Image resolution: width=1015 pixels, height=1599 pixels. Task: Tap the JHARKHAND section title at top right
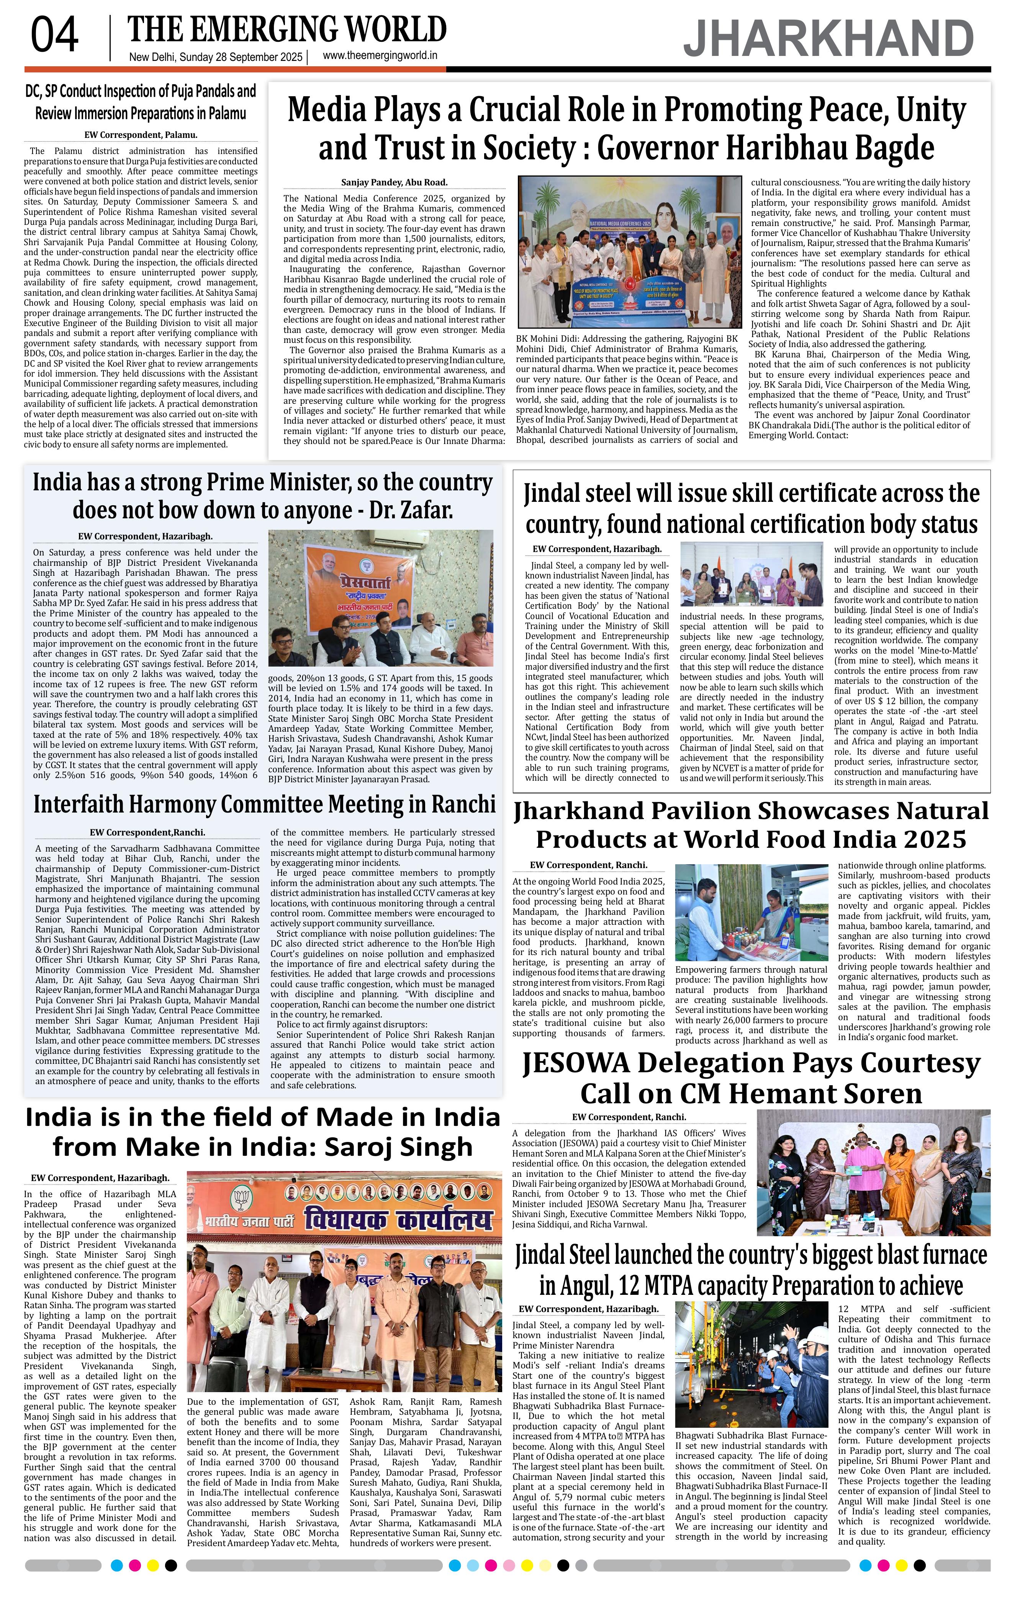[828, 39]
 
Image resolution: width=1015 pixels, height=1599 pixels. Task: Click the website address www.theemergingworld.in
[380, 56]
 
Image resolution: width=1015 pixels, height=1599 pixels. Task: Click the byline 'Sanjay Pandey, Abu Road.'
[394, 182]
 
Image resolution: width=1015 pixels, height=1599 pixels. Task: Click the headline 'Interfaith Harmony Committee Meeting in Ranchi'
[264, 804]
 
